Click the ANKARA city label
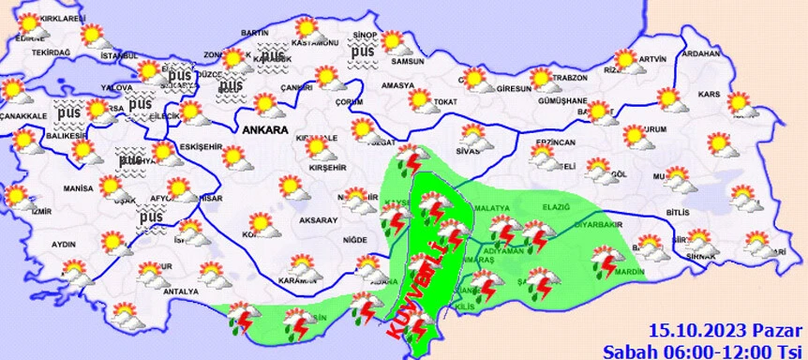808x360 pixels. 264,130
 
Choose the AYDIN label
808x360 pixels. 63,244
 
